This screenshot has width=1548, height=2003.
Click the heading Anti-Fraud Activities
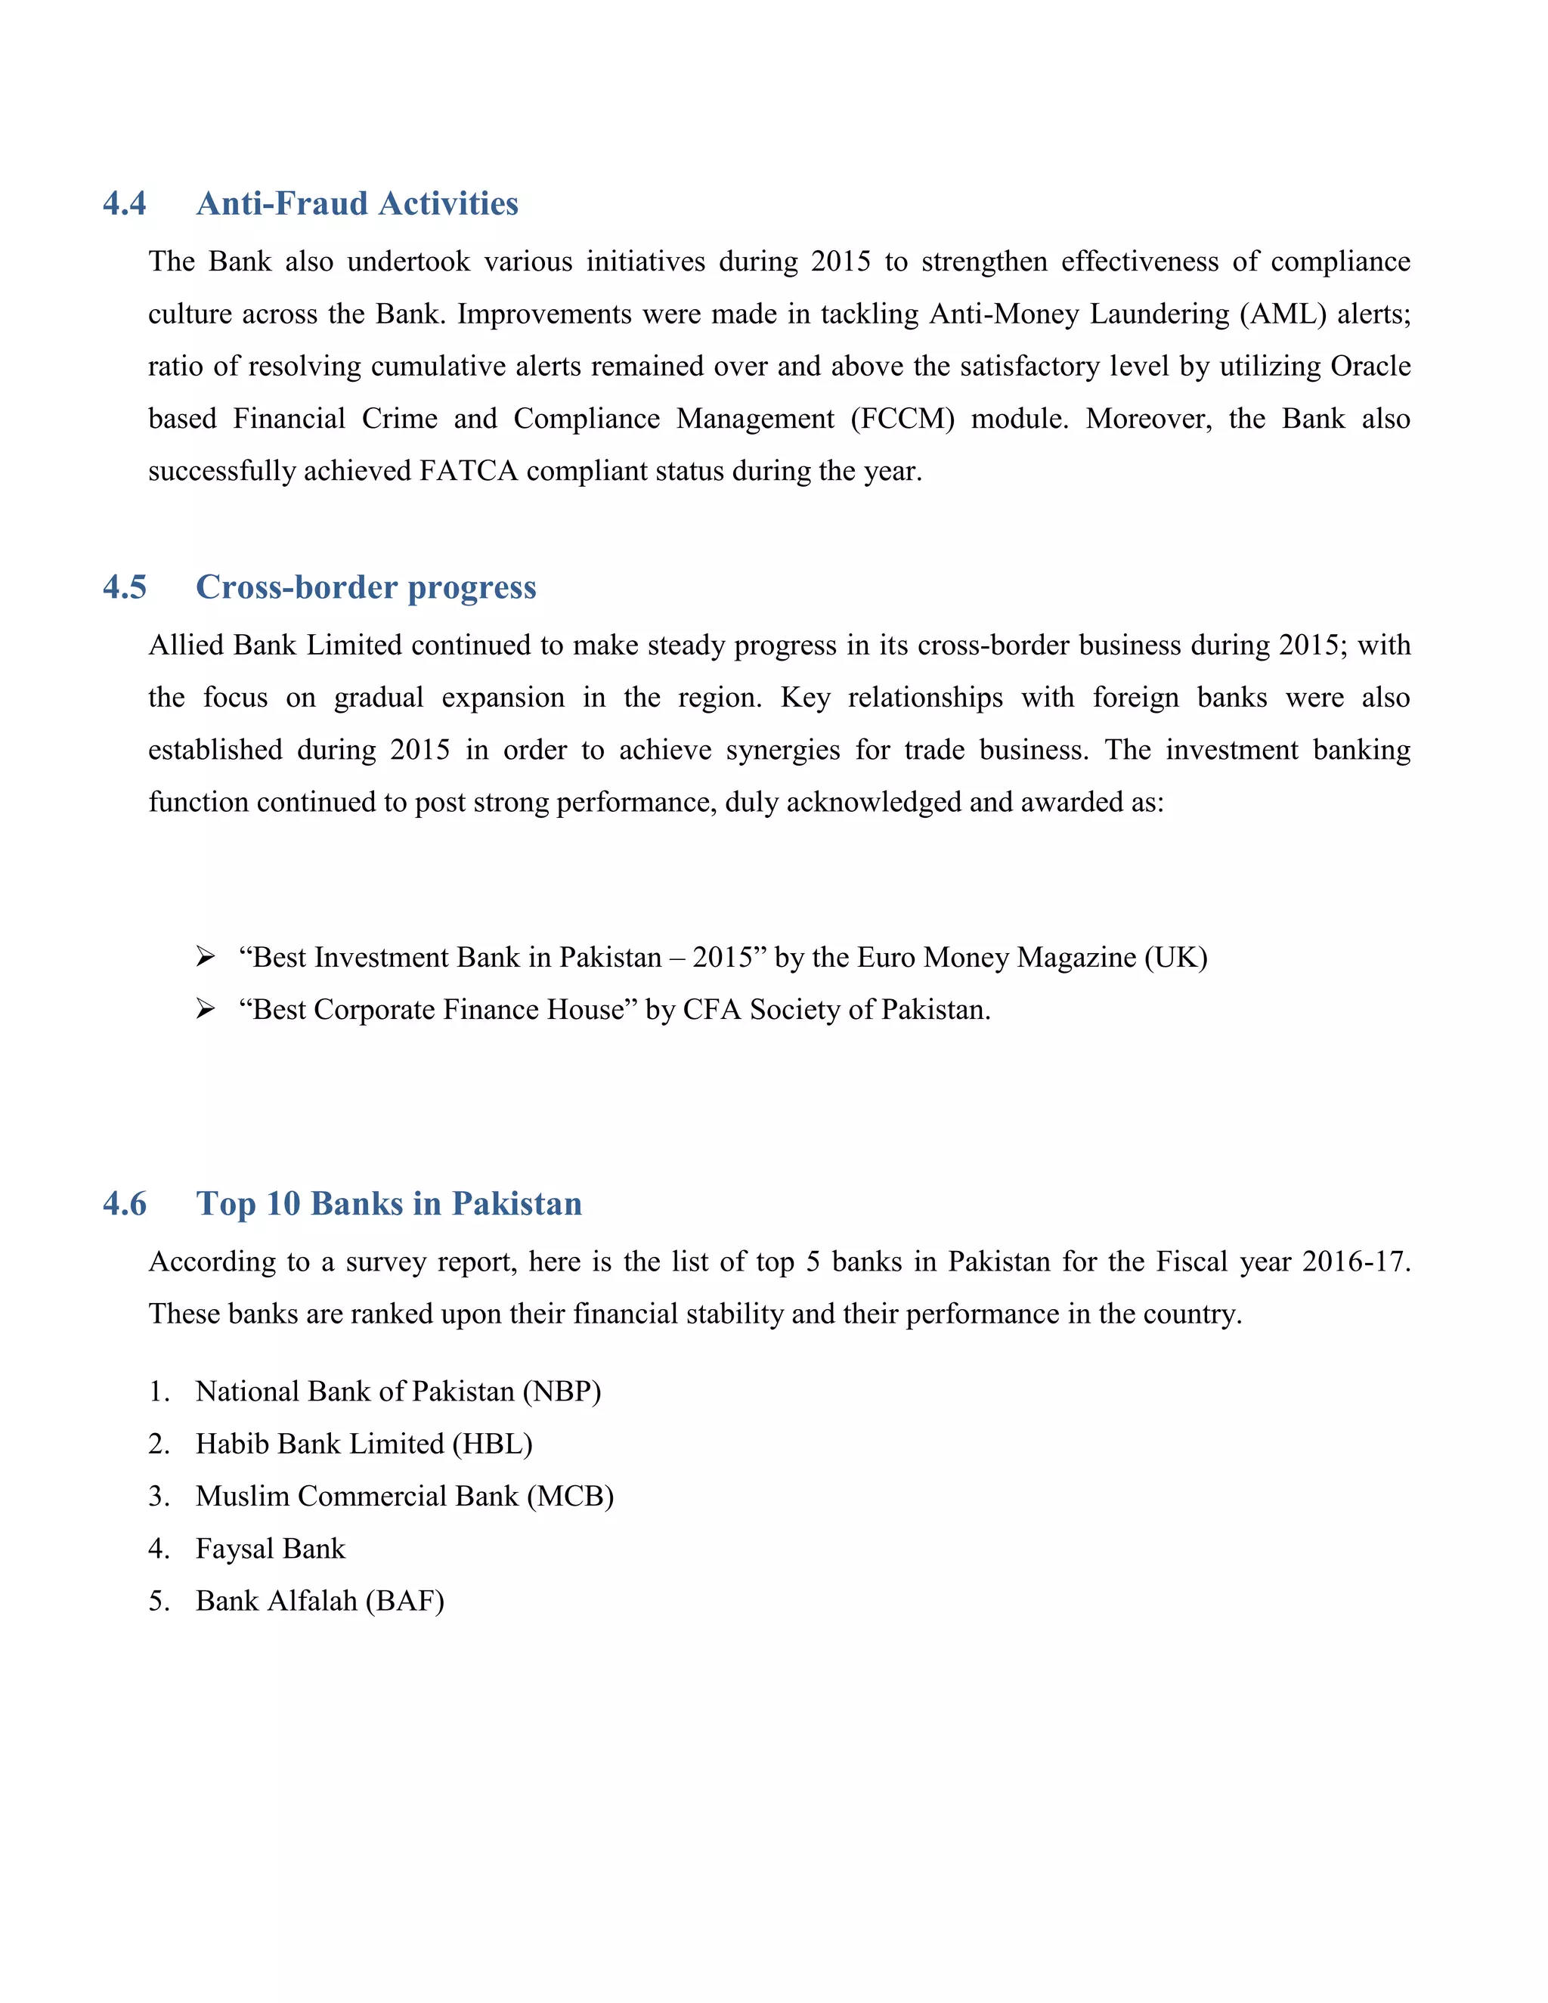tap(357, 203)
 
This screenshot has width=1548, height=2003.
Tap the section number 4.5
tap(125, 587)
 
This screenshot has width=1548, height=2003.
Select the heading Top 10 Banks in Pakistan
tap(389, 1203)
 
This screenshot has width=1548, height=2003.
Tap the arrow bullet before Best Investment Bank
tap(206, 957)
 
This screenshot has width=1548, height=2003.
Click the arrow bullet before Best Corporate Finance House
tap(206, 1009)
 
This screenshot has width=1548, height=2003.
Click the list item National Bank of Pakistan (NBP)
tap(398, 1392)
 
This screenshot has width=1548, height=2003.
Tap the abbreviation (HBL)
tap(491, 1444)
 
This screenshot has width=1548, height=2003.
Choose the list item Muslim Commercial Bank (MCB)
tap(404, 1496)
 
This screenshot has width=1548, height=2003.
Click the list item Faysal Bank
tap(271, 1548)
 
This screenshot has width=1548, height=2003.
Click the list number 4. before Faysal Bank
tap(159, 1548)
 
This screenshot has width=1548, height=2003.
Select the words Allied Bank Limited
tap(275, 645)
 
